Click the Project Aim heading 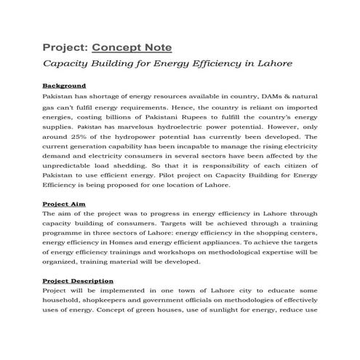tap(64, 204)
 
